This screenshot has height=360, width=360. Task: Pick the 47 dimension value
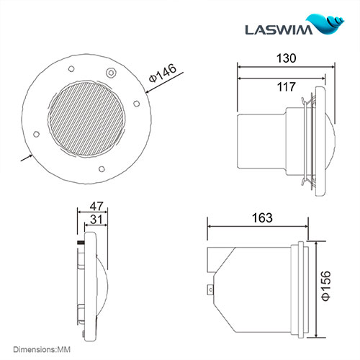click(94, 205)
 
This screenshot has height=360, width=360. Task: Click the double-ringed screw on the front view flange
click(109, 73)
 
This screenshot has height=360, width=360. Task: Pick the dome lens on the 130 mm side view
click(327, 140)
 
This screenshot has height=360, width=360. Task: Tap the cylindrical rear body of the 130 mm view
click(261, 141)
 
